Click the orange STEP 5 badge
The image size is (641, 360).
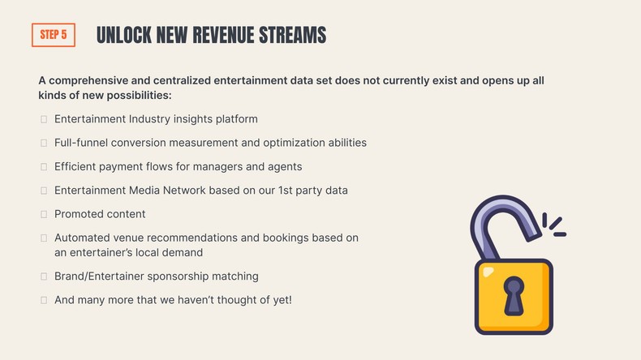(53, 35)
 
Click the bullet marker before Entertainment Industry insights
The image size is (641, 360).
(43, 119)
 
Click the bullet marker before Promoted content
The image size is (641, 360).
(43, 214)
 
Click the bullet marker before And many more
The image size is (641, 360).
(43, 300)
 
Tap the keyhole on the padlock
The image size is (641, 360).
(513, 294)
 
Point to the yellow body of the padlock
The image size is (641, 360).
(487, 312)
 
